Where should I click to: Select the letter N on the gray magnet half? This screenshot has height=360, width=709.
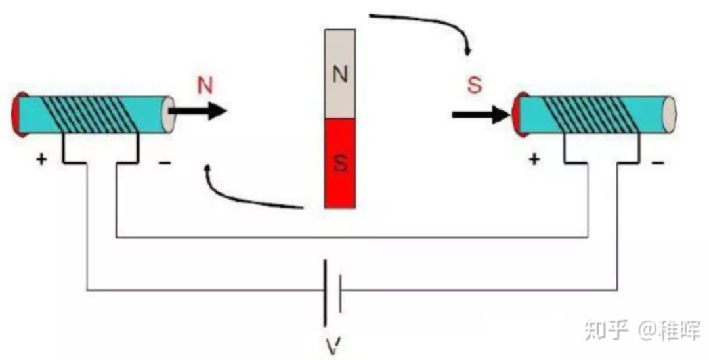pos(339,74)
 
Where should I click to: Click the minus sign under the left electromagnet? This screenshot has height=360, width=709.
pos(164,160)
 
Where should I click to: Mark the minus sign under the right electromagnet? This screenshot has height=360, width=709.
pos(657,160)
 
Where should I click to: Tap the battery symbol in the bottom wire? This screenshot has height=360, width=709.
pos(333,290)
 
